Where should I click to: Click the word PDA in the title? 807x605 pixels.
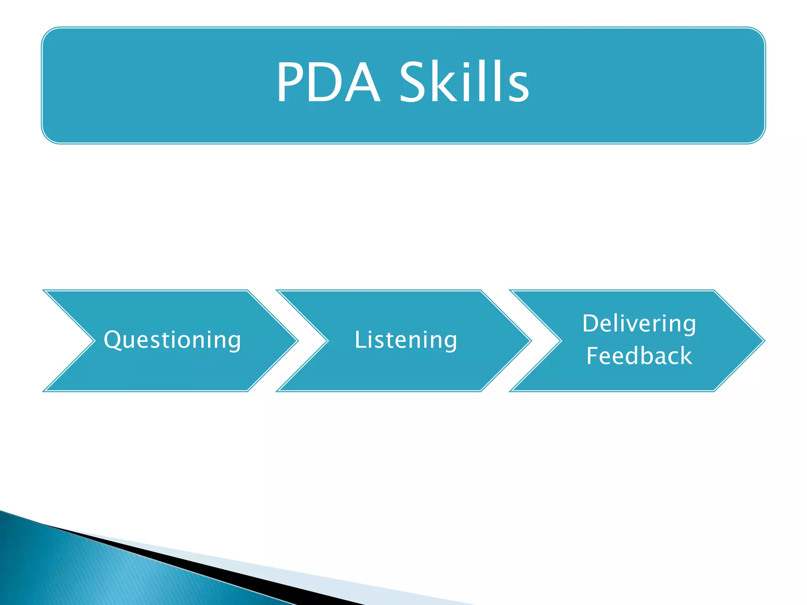(x=328, y=83)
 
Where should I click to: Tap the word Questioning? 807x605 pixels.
(x=172, y=340)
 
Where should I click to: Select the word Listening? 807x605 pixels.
(x=406, y=340)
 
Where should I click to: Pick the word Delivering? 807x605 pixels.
(x=639, y=323)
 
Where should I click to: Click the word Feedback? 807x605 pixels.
(x=639, y=356)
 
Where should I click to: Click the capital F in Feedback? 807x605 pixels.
(x=593, y=355)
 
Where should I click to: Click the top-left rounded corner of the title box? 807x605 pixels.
(x=48, y=34)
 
